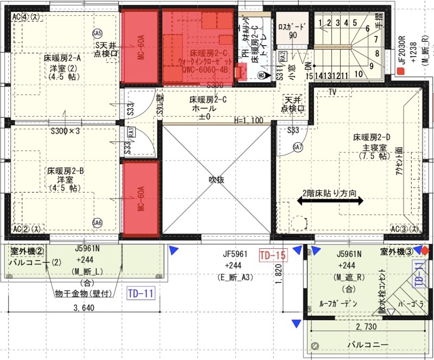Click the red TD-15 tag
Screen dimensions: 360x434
point(272,255)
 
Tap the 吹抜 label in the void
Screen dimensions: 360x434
point(217,180)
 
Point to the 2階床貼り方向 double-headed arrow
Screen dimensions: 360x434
point(330,201)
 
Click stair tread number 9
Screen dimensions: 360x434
point(371,66)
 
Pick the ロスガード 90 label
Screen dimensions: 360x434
point(292,30)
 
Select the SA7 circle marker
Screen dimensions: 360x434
point(297,147)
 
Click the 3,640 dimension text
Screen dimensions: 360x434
point(85,309)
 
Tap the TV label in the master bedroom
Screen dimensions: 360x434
point(331,92)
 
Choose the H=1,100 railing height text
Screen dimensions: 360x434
point(248,121)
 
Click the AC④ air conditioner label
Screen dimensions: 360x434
point(24,16)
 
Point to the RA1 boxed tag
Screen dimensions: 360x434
point(131,131)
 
